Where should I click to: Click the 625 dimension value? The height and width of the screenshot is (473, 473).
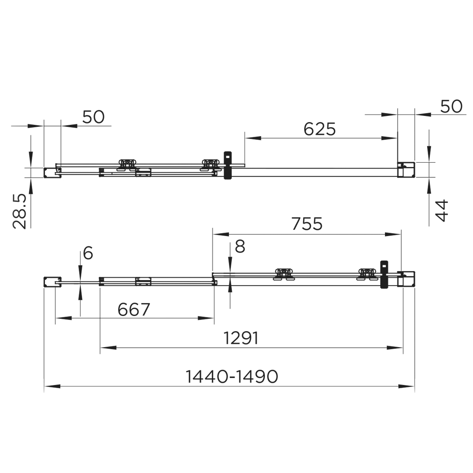(319, 129)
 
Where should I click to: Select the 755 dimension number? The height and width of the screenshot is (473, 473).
(307, 224)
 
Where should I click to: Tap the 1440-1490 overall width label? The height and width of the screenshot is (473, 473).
(232, 377)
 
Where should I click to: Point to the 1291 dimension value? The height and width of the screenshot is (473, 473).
(241, 338)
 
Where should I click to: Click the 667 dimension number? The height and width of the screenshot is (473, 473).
(134, 309)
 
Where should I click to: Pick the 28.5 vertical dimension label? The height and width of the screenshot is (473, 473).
(20, 211)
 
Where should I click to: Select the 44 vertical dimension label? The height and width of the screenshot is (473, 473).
(442, 210)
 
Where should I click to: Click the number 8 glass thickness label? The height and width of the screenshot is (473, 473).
(240, 246)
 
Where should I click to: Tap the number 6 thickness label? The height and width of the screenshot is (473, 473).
(88, 253)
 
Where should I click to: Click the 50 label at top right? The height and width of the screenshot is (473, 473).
(451, 106)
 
